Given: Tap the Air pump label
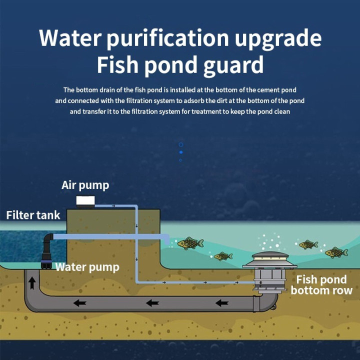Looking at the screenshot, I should (x=85, y=185).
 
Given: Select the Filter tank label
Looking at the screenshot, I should (x=33, y=215).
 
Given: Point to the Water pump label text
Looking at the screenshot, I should (x=87, y=267).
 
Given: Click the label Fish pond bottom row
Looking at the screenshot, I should (x=321, y=285).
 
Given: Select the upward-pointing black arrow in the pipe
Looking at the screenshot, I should (x=32, y=283).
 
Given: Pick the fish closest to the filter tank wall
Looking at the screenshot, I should (x=190, y=243).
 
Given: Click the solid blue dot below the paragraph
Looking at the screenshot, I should (x=180, y=152).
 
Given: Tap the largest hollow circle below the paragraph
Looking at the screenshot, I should (x=180, y=144).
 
